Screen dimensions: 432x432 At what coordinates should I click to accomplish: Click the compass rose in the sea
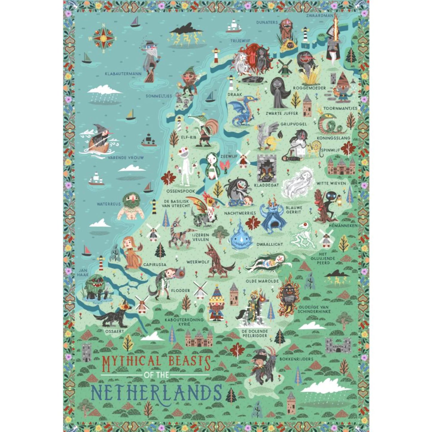pyautogui.click(x=103, y=38)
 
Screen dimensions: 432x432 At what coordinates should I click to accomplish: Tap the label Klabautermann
pyautogui.click(x=123, y=74)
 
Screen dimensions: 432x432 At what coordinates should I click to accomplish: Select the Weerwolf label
pyautogui.click(x=198, y=262)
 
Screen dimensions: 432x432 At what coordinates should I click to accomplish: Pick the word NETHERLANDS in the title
pyautogui.click(x=156, y=392)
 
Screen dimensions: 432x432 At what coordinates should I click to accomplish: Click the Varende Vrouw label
pyautogui.click(x=126, y=158)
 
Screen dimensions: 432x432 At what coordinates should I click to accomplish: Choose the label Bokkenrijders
pyautogui.click(x=296, y=359)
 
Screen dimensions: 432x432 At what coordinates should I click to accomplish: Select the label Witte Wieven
pyautogui.click(x=331, y=183)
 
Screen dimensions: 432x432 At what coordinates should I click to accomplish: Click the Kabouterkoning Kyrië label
pyautogui.click(x=184, y=322)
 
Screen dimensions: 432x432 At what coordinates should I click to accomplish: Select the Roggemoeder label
pyautogui.click(x=309, y=88)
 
